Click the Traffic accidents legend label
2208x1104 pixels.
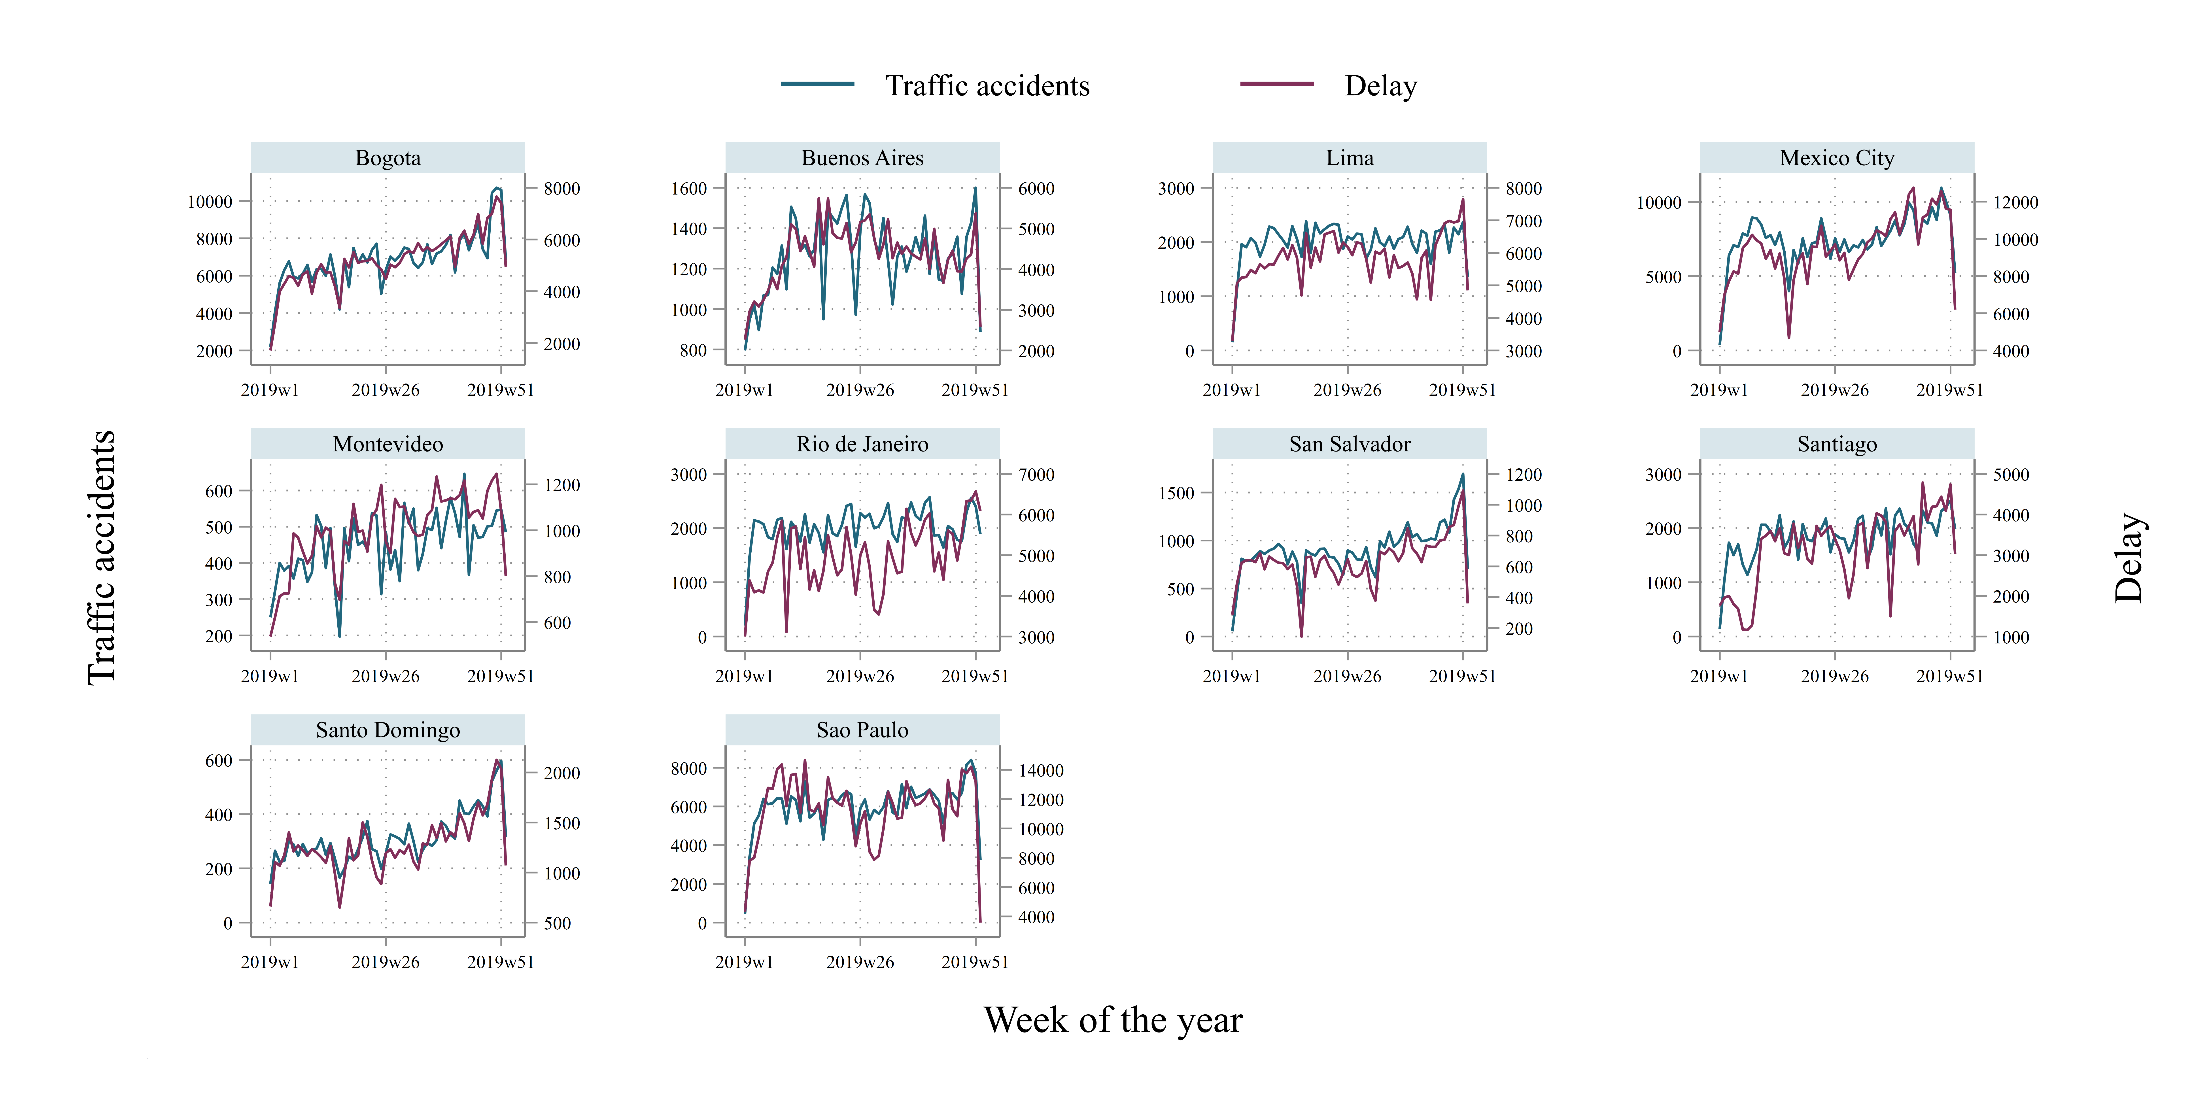[x=987, y=86]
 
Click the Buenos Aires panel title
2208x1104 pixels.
[x=862, y=158]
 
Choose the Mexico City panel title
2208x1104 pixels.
[x=1837, y=158]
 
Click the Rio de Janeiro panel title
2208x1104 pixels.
[x=862, y=444]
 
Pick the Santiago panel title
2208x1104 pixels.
[x=1837, y=444]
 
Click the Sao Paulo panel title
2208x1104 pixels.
[x=862, y=730]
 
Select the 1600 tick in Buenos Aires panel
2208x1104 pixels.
[x=689, y=189]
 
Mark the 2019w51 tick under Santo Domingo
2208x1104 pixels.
[x=501, y=962]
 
